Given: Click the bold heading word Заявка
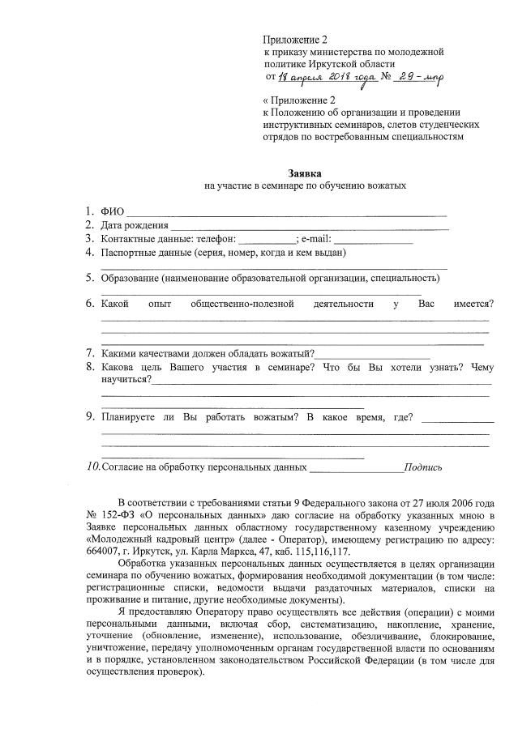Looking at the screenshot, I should point(305,173).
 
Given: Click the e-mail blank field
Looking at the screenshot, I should point(374,241).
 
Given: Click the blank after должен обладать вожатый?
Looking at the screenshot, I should point(372,355).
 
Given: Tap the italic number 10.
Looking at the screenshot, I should point(93,467).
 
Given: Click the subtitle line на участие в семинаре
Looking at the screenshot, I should point(305,186).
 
